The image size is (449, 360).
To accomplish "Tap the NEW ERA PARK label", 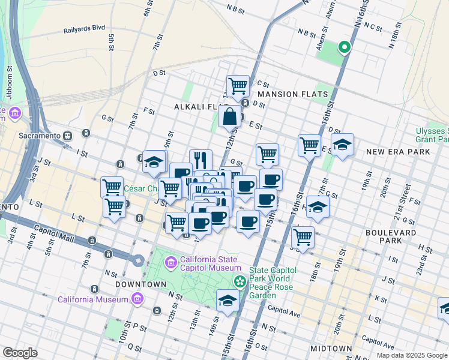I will pyautogui.click(x=398, y=152).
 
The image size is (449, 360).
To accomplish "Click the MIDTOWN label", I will pyautogui.click(x=331, y=349).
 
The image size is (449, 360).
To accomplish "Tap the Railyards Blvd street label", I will pyautogui.click(x=84, y=28).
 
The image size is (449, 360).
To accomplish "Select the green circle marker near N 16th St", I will pyautogui.click(x=344, y=47).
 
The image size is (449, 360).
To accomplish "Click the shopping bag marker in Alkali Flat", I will pyautogui.click(x=229, y=116).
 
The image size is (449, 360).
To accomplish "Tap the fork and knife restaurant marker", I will pyautogui.click(x=200, y=159).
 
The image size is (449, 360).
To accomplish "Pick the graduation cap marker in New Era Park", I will pyautogui.click(x=342, y=144).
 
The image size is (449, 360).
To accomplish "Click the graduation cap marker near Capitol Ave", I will pyautogui.click(x=228, y=299).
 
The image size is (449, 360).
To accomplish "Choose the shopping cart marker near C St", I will pyautogui.click(x=238, y=85).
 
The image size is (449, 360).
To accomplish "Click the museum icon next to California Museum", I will pyautogui.click(x=137, y=299).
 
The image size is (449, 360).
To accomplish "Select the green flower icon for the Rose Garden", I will pyautogui.click(x=240, y=280).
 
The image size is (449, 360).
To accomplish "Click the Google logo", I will pyautogui.click(x=19, y=353).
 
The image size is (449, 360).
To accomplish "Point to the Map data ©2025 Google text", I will pyautogui.click(x=411, y=355).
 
